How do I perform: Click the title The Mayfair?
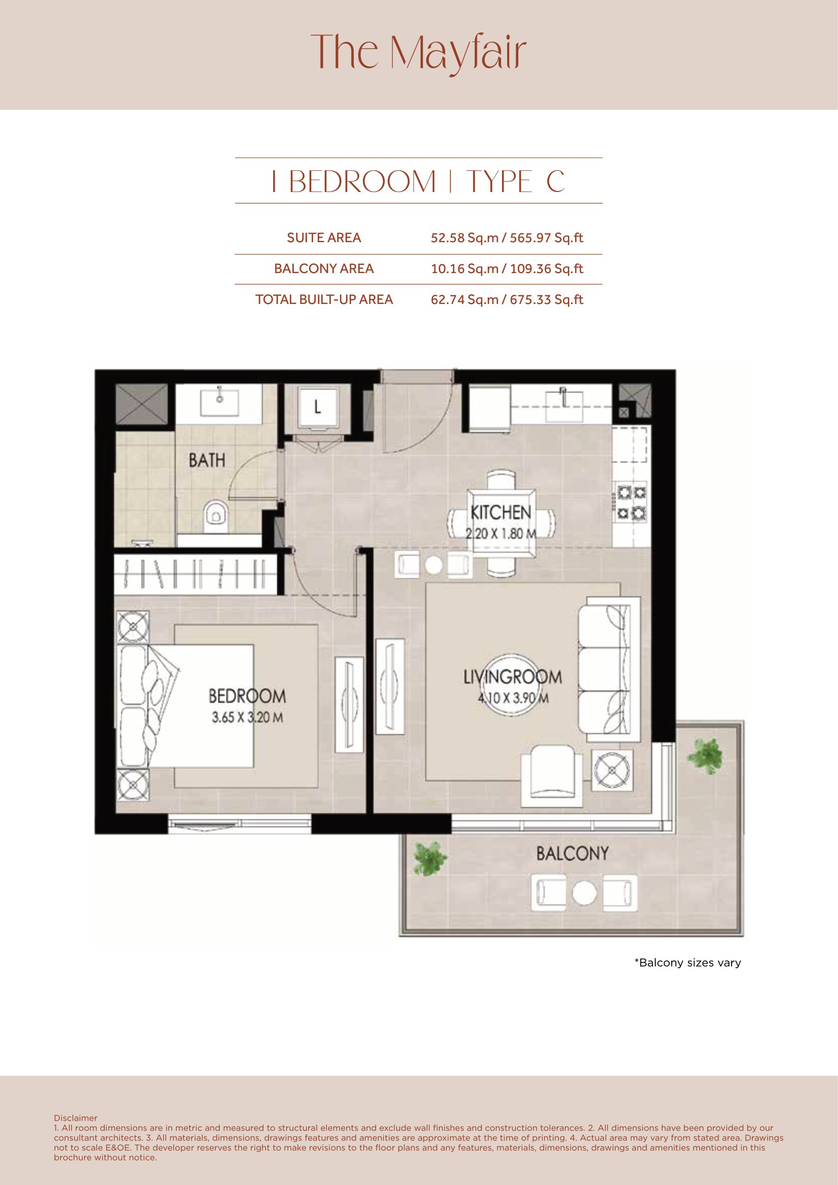click(x=418, y=54)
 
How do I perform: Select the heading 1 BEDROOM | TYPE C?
click(x=418, y=182)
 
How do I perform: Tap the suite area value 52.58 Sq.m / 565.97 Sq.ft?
click(x=507, y=238)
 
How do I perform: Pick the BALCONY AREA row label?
click(x=324, y=269)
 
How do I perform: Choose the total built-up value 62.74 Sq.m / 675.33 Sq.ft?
click(x=507, y=299)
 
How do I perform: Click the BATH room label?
click(x=207, y=460)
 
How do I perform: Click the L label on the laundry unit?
click(x=317, y=408)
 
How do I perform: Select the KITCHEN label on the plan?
click(x=501, y=513)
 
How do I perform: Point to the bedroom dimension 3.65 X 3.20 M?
click(x=247, y=717)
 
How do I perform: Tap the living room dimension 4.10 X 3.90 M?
click(x=513, y=698)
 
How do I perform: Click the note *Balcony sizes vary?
click(x=688, y=963)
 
